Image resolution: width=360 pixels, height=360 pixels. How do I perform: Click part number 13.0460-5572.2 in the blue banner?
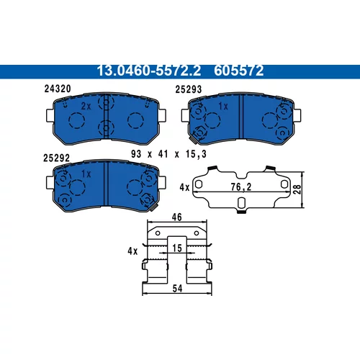pyautogui.click(x=149, y=71)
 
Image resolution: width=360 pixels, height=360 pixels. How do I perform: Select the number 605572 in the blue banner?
pyautogui.click(x=239, y=71)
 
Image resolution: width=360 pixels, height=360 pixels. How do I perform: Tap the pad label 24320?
pyautogui.click(x=58, y=89)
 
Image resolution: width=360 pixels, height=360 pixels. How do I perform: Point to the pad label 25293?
pyautogui.click(x=189, y=89)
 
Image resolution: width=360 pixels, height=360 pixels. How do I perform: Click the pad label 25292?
pyautogui.click(x=56, y=158)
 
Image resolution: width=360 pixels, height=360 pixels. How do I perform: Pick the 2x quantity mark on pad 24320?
pyautogui.click(x=86, y=106)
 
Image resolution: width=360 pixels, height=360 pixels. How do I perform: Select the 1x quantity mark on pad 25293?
pyautogui.click(x=223, y=107)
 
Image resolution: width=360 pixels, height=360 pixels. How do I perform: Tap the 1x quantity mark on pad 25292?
pyautogui.click(x=86, y=174)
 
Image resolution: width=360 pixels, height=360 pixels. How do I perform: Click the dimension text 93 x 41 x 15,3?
pyautogui.click(x=168, y=154)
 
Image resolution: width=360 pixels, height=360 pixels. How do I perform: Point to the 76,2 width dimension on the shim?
pyautogui.click(x=241, y=187)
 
